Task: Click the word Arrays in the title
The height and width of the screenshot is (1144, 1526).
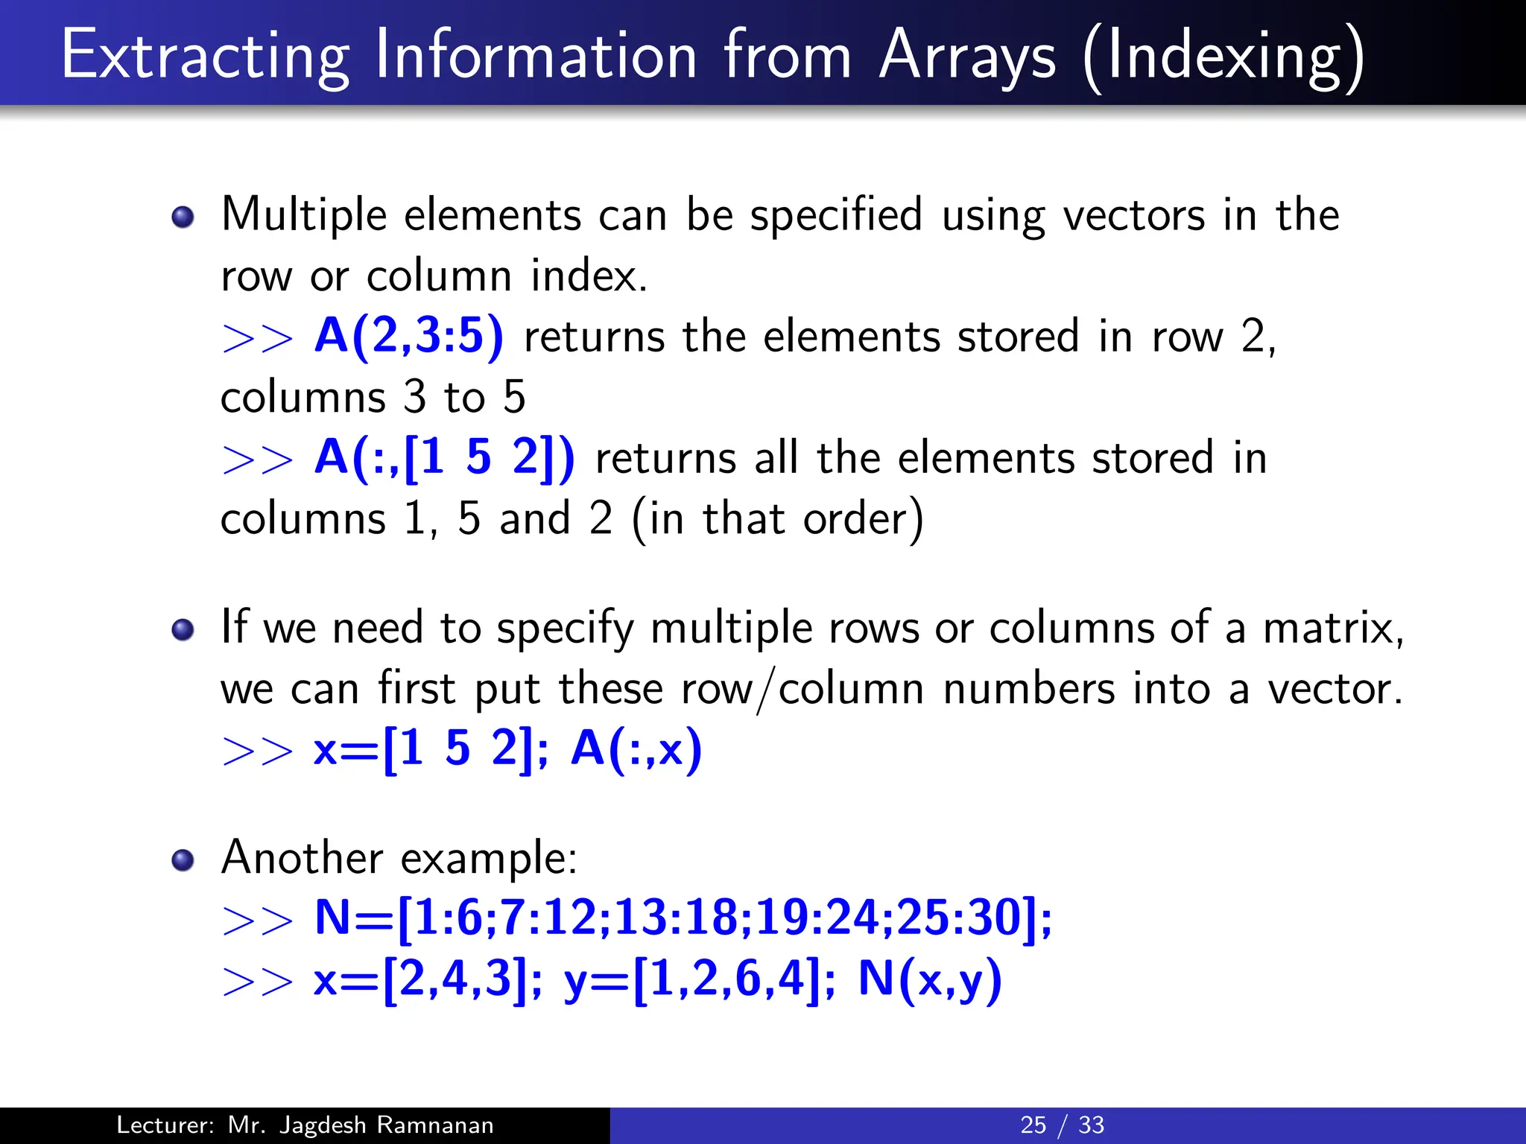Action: click(x=967, y=57)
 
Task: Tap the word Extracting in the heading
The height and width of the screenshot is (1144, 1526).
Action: click(x=205, y=57)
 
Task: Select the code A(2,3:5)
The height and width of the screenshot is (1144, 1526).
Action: click(x=409, y=336)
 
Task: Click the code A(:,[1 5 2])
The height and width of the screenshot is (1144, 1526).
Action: click(x=445, y=457)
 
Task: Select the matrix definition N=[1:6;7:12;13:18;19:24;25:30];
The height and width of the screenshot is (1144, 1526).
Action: click(x=683, y=918)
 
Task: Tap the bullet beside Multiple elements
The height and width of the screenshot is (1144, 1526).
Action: click(x=183, y=217)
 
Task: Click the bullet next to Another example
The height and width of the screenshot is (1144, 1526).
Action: click(x=183, y=860)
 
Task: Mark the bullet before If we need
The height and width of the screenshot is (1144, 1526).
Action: click(x=183, y=630)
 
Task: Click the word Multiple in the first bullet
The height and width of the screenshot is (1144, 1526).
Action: click(x=304, y=216)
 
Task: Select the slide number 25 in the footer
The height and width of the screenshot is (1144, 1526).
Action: click(x=1033, y=1125)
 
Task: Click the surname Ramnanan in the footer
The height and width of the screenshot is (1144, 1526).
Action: click(x=434, y=1125)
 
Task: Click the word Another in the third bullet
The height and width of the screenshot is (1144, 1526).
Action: click(x=302, y=857)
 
